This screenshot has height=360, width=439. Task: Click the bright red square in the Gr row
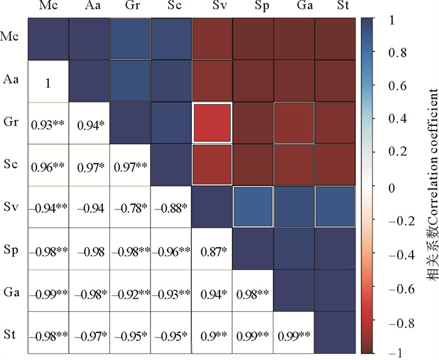tap(212, 122)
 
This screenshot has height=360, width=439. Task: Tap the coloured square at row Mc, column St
tap(335, 39)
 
